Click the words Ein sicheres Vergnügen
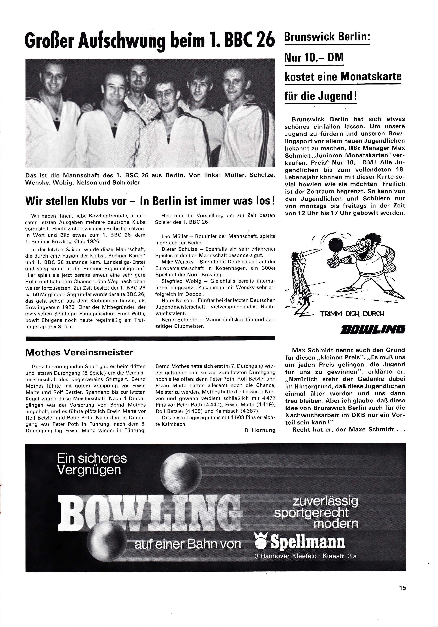coord(92,464)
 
